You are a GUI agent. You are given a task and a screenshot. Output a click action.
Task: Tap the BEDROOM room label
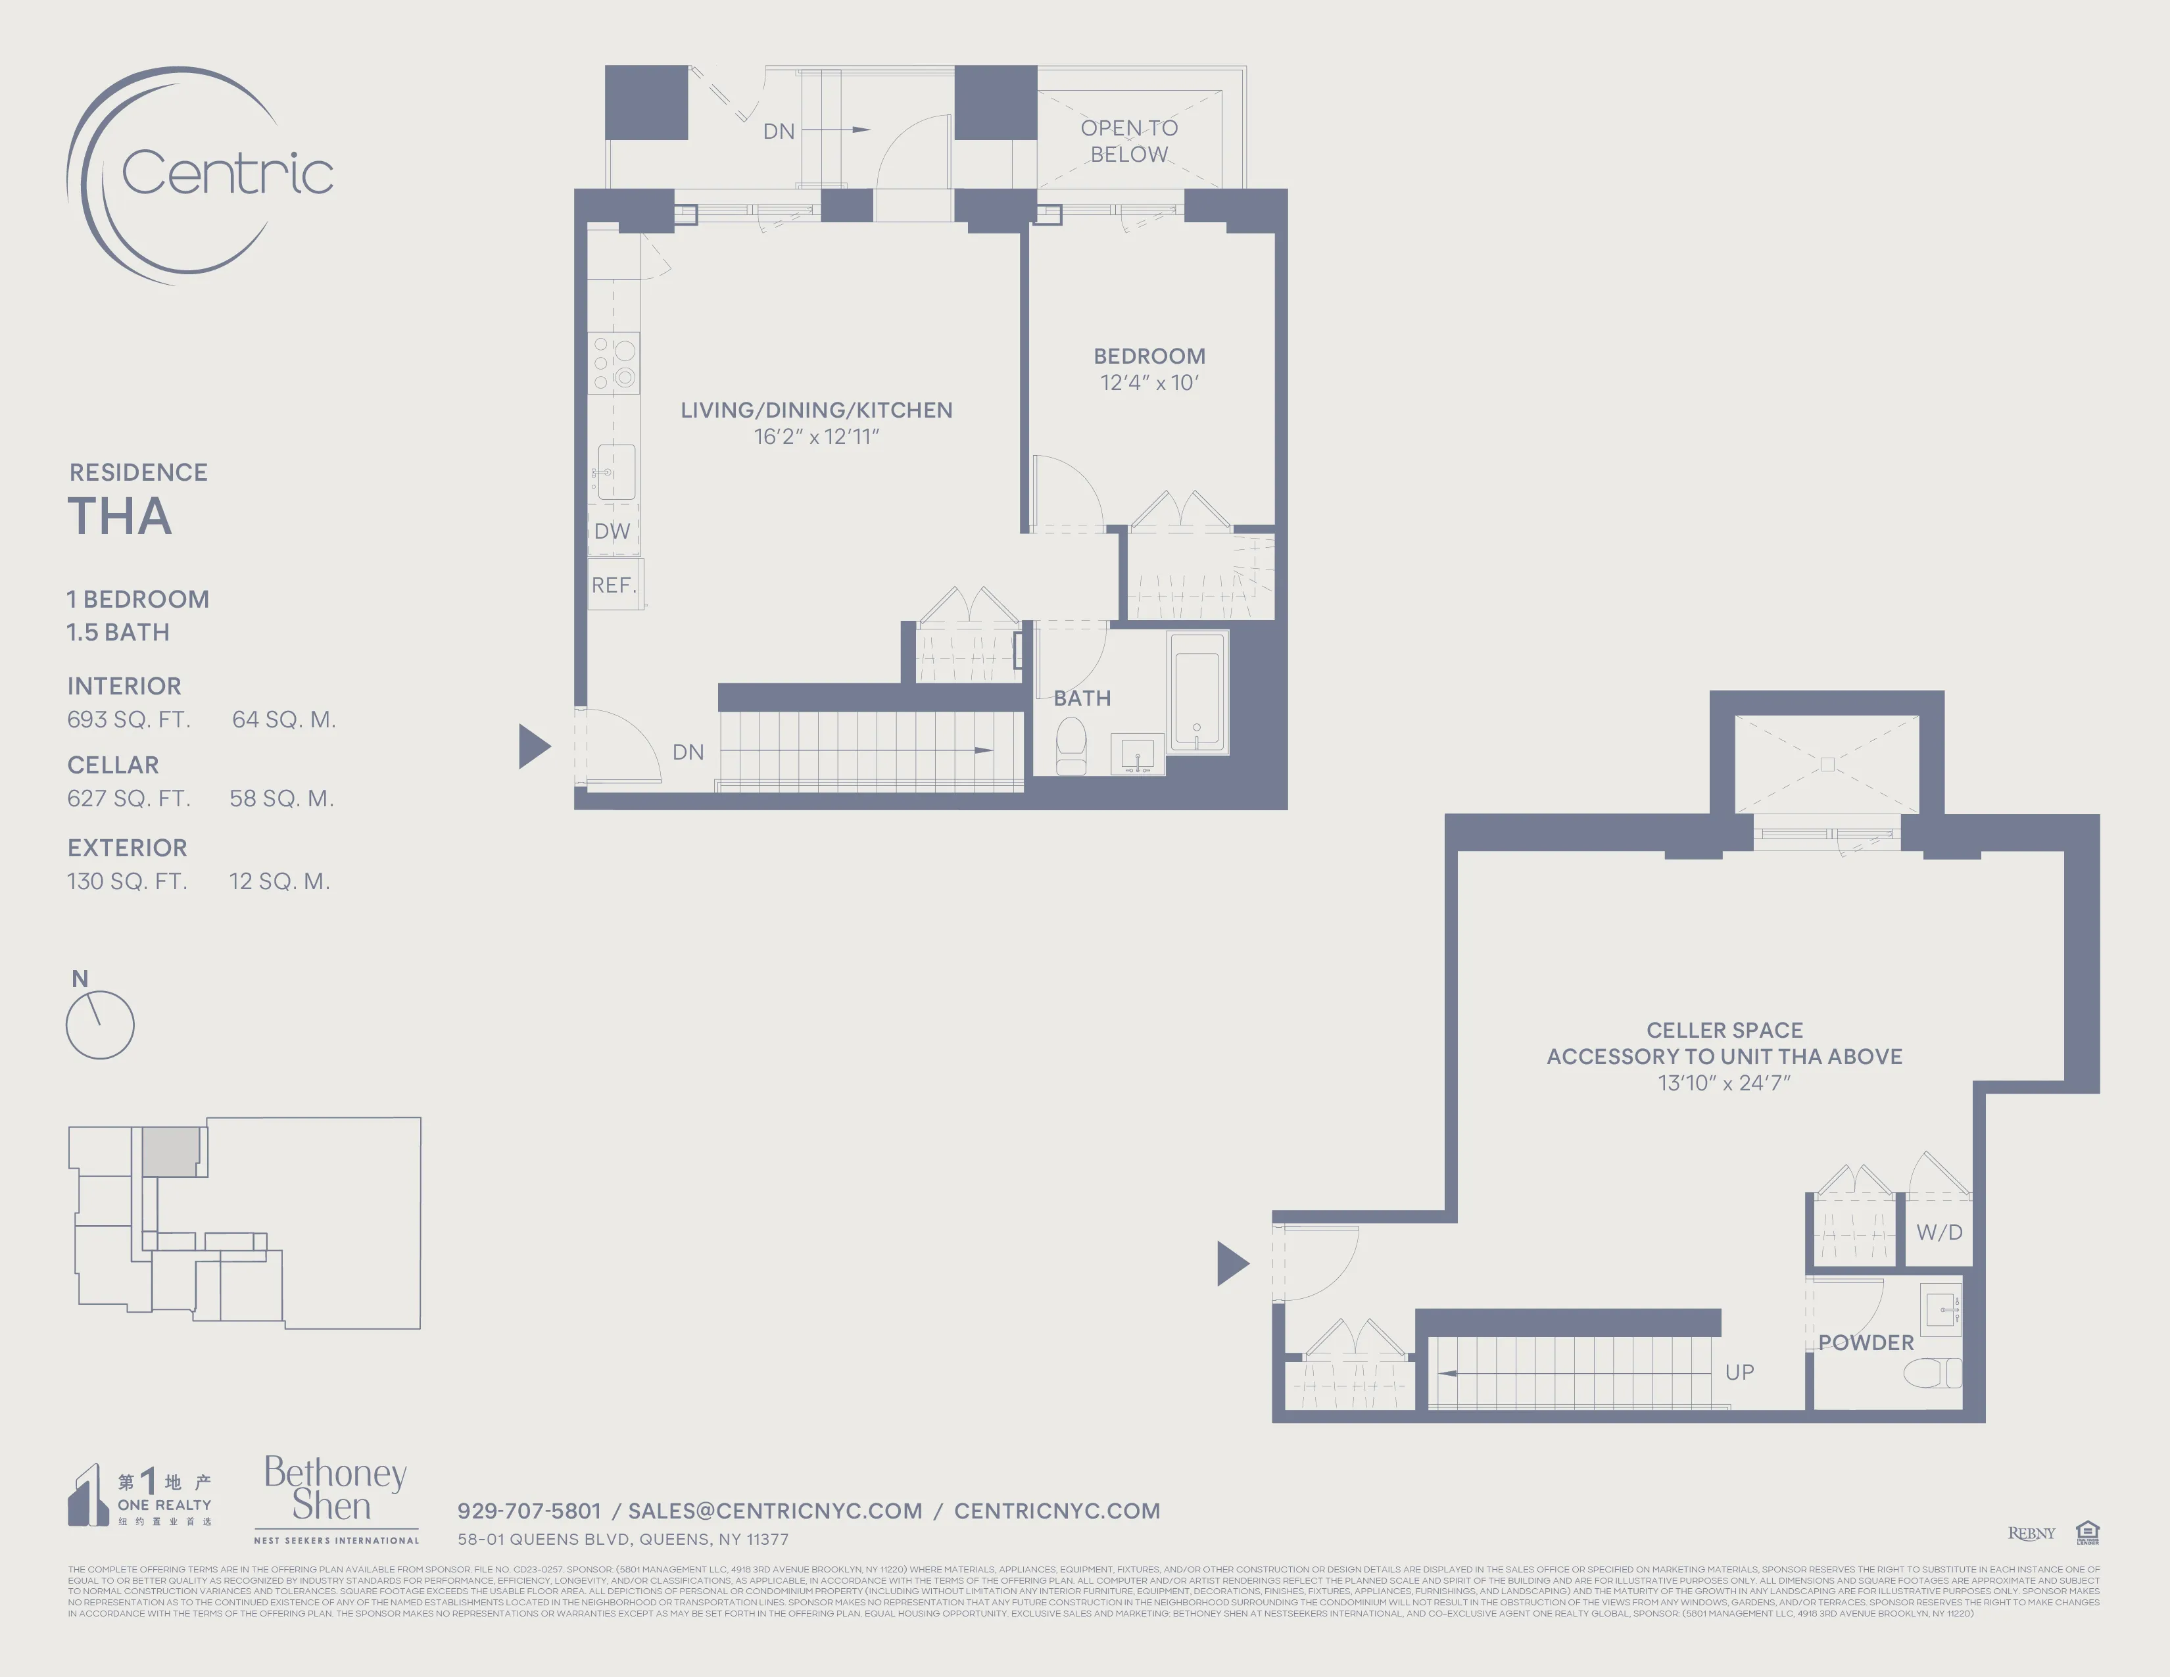[x=1149, y=356]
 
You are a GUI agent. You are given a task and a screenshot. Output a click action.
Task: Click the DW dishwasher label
[x=612, y=531]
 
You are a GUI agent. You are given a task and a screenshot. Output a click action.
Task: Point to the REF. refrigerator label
[x=613, y=585]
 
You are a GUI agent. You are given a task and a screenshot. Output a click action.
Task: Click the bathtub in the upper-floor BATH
[x=1197, y=691]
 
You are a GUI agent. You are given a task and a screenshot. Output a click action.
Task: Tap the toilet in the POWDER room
[x=1931, y=1374]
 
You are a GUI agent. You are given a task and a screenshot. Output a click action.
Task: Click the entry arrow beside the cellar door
[x=1232, y=1264]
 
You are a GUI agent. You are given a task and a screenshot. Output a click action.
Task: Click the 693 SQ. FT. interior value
[x=128, y=719]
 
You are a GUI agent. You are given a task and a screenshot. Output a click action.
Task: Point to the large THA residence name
[x=119, y=517]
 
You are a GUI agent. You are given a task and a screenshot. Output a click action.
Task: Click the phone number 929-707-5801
[x=529, y=1511]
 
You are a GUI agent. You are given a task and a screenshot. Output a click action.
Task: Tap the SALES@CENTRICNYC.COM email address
[x=775, y=1511]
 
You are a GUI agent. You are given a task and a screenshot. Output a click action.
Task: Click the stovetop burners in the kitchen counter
[x=614, y=364]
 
